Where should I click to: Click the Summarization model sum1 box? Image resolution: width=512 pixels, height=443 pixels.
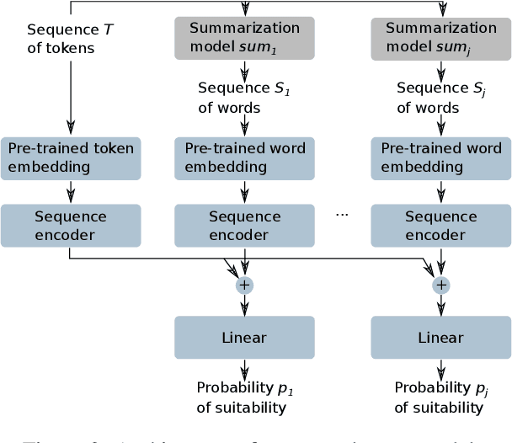coord(244,39)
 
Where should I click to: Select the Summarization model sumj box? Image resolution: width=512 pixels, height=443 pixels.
coord(440,39)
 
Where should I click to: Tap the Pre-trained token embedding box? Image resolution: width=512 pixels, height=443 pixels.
coord(70,157)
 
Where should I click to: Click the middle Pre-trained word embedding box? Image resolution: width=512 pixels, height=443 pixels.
coord(244,157)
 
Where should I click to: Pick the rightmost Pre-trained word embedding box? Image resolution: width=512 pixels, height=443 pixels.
coord(440,157)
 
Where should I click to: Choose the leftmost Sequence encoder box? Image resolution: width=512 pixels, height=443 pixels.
coord(70,225)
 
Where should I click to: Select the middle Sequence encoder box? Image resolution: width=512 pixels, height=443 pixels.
coord(244,225)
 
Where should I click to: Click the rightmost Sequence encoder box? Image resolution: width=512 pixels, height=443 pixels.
coord(440,225)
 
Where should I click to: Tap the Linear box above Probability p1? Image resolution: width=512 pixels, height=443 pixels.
coord(244,338)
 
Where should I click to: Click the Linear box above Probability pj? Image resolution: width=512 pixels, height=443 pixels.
coord(440,338)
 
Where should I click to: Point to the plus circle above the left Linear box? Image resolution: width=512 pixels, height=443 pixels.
coord(244,286)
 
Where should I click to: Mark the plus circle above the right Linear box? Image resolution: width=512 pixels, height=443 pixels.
coord(440,286)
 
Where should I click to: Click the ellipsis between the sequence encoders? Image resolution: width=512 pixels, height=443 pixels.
coord(342,215)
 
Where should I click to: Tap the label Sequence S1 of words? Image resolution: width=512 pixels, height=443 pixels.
coord(243,97)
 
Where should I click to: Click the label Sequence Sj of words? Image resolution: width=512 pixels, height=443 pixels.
coord(440,97)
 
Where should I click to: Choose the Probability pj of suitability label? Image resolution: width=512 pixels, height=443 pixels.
coord(440,398)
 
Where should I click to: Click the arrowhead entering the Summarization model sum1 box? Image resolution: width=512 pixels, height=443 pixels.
coord(244,13)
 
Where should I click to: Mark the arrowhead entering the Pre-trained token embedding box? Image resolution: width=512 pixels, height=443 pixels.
coord(70,131)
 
